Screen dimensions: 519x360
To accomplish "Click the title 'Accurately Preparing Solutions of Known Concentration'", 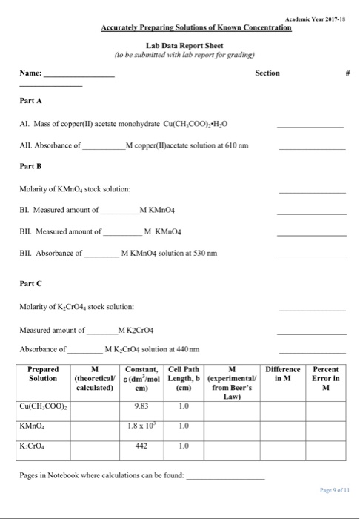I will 196,27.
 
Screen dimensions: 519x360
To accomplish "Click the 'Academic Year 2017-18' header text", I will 319,17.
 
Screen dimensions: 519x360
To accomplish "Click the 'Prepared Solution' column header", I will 43,374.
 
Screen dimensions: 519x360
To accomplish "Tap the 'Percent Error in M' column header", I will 326,379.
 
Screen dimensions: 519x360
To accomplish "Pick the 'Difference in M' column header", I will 284,374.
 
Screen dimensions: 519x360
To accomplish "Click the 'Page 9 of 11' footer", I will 331,491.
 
